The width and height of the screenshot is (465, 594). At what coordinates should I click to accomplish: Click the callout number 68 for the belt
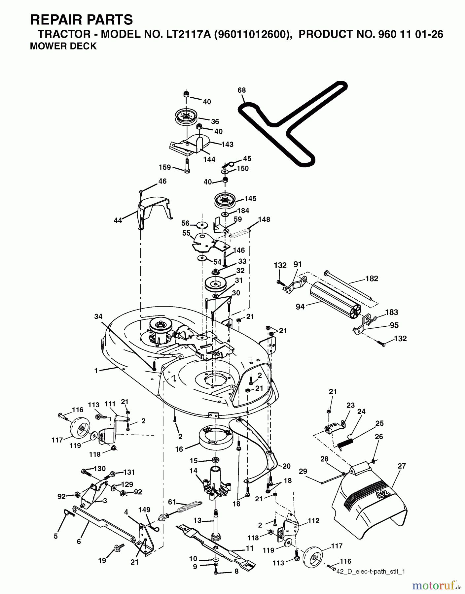pyautogui.click(x=242, y=90)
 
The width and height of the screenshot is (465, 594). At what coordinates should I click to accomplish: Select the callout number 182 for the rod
pyautogui.click(x=372, y=279)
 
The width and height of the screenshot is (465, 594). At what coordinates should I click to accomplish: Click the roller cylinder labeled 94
pyautogui.click(x=334, y=299)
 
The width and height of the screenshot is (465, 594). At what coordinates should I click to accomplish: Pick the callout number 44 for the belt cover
pyautogui.click(x=118, y=220)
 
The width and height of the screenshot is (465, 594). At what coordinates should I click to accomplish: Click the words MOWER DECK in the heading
pyautogui.click(x=63, y=46)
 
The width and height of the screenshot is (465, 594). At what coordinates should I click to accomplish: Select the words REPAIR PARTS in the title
pyautogui.click(x=81, y=20)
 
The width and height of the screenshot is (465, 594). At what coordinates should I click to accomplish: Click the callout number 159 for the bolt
pyautogui.click(x=165, y=167)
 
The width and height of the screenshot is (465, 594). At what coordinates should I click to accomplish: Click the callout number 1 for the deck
pyautogui.click(x=96, y=371)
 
